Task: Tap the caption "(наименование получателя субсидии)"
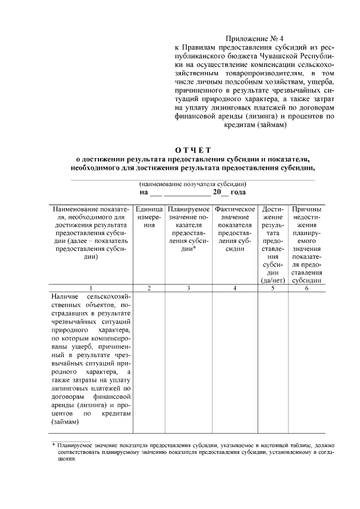tap(192, 184)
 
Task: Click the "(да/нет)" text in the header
tap(273, 280)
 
